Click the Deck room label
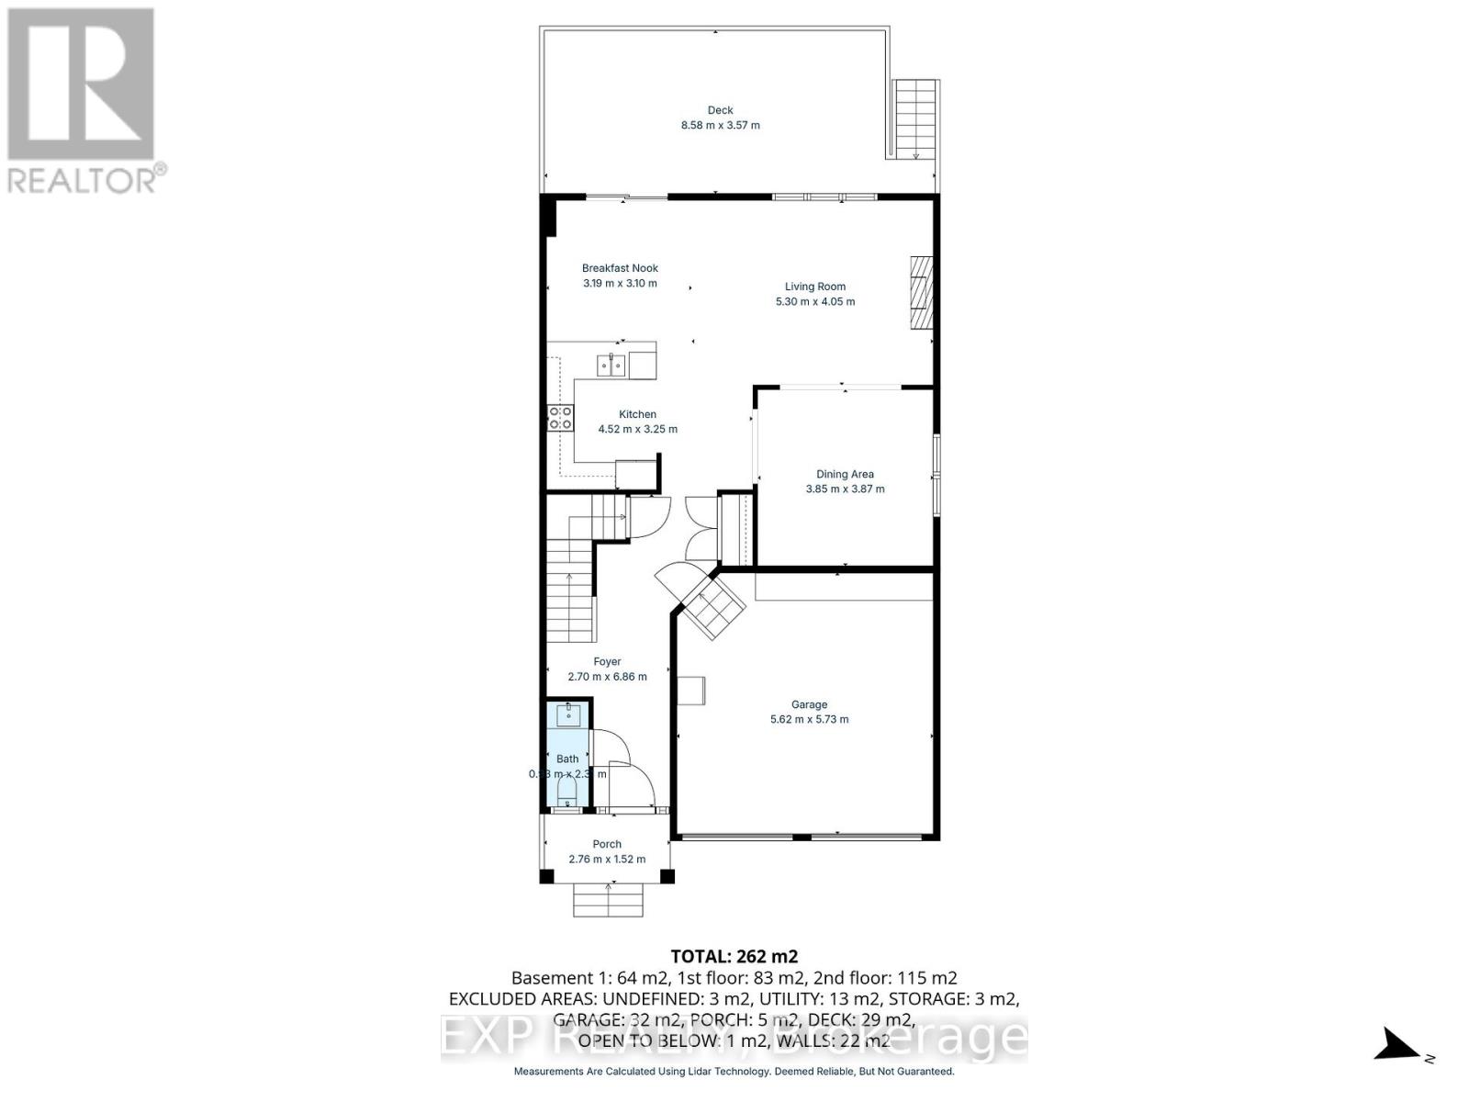point(720,110)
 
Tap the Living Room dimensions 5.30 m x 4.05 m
point(815,301)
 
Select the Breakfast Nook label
point(620,268)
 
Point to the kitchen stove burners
point(560,419)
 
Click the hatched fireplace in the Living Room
point(921,292)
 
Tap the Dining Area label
point(845,474)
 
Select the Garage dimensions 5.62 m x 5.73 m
point(809,719)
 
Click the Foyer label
point(607,661)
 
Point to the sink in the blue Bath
point(568,715)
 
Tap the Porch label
point(607,844)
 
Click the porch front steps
point(608,900)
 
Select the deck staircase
point(915,119)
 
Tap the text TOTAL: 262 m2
point(728,957)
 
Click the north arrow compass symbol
point(1398,1045)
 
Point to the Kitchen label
point(637,414)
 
